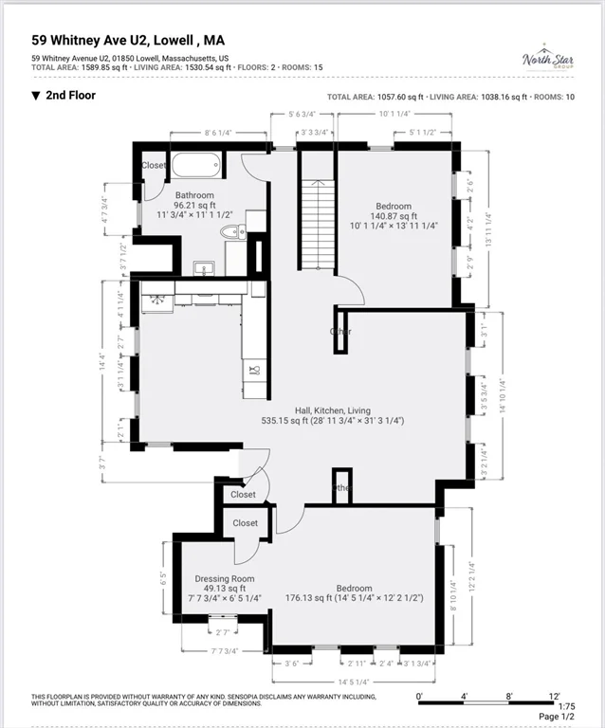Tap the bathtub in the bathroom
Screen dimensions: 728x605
click(195, 164)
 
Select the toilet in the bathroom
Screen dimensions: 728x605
click(229, 232)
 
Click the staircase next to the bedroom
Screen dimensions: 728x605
click(318, 225)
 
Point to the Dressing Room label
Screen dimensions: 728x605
click(225, 578)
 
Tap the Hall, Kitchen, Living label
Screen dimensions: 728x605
click(333, 409)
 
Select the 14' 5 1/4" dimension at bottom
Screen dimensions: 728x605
click(354, 681)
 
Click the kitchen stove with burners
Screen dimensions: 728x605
click(157, 301)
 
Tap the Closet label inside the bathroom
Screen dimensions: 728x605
click(154, 165)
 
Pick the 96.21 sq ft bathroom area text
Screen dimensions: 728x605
click(194, 205)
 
